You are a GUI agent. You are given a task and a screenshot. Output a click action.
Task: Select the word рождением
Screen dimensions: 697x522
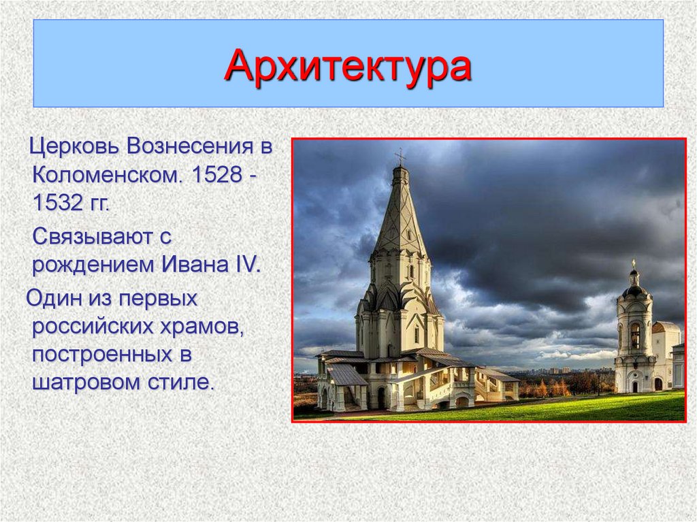point(93,265)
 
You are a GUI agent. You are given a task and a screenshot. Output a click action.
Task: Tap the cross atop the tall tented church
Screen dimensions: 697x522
point(400,157)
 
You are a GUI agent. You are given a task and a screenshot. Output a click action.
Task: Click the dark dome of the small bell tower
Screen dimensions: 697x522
point(635,292)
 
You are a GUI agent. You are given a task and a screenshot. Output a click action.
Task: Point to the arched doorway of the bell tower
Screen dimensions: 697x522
point(636,385)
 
